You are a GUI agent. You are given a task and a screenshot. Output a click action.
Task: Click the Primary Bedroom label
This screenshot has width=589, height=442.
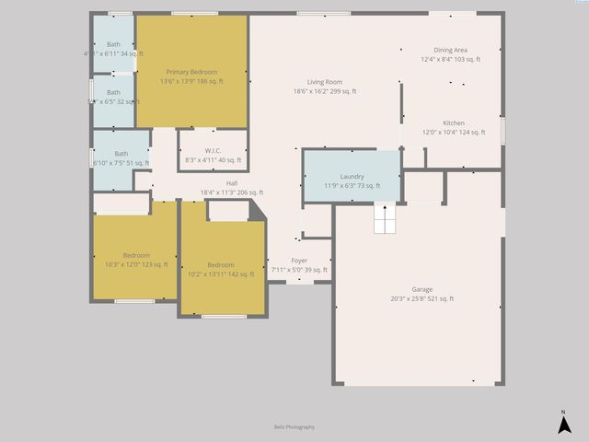pyautogui.click(x=191, y=72)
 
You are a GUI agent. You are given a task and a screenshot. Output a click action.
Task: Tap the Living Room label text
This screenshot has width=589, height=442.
pyautogui.click(x=325, y=82)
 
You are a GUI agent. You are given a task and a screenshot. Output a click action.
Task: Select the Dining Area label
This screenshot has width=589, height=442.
pyautogui.click(x=451, y=50)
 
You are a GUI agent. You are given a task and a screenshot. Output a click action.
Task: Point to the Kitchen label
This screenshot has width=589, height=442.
pyautogui.click(x=454, y=123)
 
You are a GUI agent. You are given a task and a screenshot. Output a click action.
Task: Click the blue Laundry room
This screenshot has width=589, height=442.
pyautogui.click(x=352, y=177)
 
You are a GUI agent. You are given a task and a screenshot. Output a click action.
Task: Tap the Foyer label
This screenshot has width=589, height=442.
pyautogui.click(x=299, y=262)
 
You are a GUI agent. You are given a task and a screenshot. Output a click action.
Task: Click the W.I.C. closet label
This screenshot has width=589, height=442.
pyautogui.click(x=213, y=151)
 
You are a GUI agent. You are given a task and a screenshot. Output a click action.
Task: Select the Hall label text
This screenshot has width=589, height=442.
pyautogui.click(x=232, y=183)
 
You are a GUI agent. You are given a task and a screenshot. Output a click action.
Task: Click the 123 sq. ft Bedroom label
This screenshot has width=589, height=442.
pyautogui.click(x=136, y=255)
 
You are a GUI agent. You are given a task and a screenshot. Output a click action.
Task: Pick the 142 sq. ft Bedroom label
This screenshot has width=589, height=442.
pyautogui.click(x=221, y=265)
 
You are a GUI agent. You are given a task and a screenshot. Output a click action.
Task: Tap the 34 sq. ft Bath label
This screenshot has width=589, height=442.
pyautogui.click(x=113, y=44)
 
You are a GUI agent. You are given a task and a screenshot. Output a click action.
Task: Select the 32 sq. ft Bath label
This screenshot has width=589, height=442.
pyautogui.click(x=113, y=92)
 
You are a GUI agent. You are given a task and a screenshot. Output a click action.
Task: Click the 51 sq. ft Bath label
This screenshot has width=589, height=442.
pyautogui.click(x=121, y=154)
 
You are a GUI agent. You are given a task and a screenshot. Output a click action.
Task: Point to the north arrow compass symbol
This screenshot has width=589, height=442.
pyautogui.click(x=563, y=425)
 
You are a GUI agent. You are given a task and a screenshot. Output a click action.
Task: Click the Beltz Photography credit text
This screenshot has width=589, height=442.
pyautogui.click(x=294, y=426)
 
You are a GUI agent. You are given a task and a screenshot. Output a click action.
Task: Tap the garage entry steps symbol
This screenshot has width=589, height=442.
pyautogui.click(x=385, y=221)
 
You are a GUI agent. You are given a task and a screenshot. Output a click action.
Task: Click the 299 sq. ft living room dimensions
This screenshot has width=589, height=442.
pyautogui.click(x=325, y=91)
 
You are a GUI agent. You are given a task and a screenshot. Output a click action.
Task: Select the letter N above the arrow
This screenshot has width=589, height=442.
pyautogui.click(x=563, y=412)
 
